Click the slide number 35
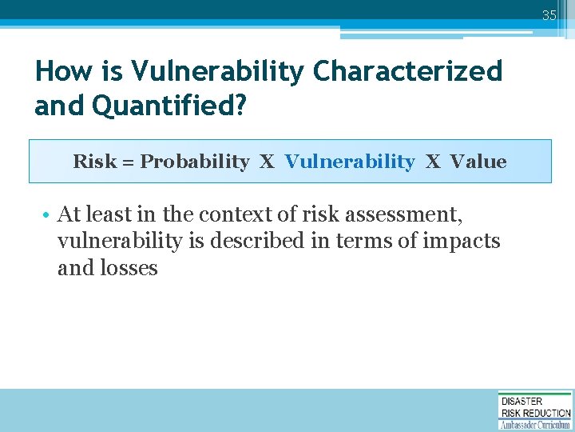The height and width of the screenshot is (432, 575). (x=549, y=15)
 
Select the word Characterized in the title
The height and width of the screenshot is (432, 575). (x=408, y=71)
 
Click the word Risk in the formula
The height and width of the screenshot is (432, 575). (x=94, y=162)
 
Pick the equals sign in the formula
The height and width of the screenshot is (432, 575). (x=128, y=162)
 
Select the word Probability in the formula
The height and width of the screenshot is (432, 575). (x=195, y=162)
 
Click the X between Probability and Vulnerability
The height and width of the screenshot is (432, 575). (x=267, y=162)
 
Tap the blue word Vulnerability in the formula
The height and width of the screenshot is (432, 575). (x=350, y=162)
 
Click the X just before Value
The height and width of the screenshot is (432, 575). (x=433, y=162)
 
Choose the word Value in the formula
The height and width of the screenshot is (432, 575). (x=478, y=162)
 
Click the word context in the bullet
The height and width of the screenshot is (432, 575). (x=233, y=214)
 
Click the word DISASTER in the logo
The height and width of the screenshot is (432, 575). (x=521, y=401)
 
